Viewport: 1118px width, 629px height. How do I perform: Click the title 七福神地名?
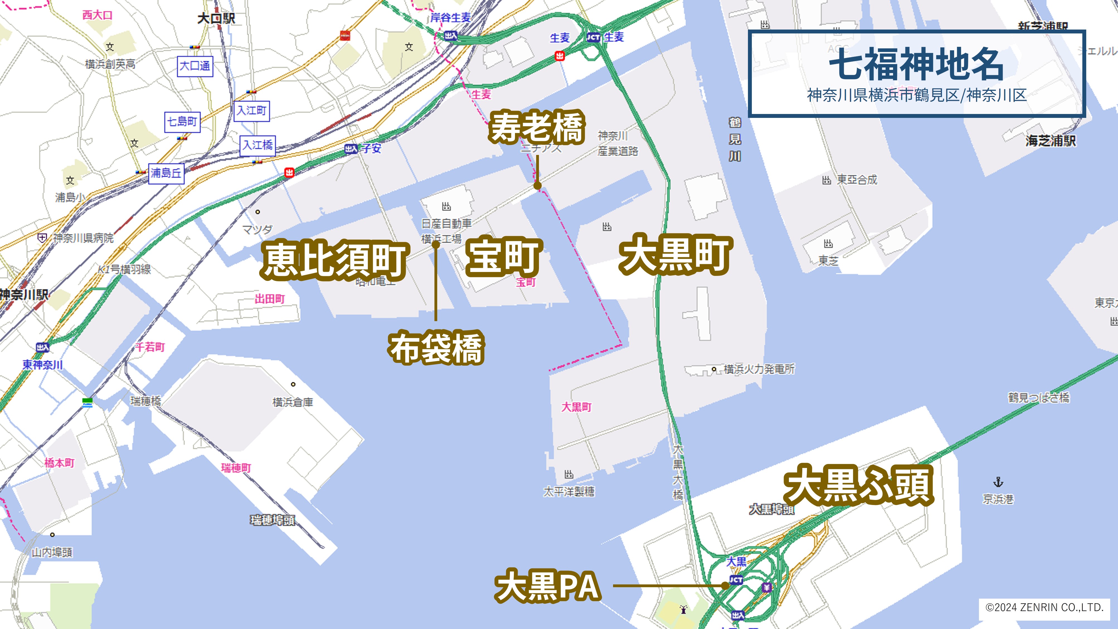click(x=916, y=64)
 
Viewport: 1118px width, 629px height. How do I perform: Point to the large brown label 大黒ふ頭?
click(x=859, y=485)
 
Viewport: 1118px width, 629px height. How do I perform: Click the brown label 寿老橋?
click(x=537, y=127)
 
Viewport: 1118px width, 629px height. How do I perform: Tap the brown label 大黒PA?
click(x=548, y=586)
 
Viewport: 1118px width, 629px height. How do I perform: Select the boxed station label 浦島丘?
click(x=166, y=173)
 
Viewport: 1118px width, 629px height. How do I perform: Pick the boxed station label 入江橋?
click(x=258, y=145)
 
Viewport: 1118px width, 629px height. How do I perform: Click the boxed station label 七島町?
click(x=182, y=122)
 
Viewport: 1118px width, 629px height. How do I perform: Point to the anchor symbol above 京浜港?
click(x=998, y=482)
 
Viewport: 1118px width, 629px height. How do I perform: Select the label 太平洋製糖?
click(x=569, y=491)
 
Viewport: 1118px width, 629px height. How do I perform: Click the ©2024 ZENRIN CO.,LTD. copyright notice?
click(x=1044, y=607)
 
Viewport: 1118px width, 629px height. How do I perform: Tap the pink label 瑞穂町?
click(x=236, y=468)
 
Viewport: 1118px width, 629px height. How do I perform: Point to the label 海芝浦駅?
click(x=1051, y=141)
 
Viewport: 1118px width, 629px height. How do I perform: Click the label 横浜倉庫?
click(x=293, y=402)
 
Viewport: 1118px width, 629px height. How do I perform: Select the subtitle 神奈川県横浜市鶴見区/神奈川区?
click(x=917, y=95)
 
